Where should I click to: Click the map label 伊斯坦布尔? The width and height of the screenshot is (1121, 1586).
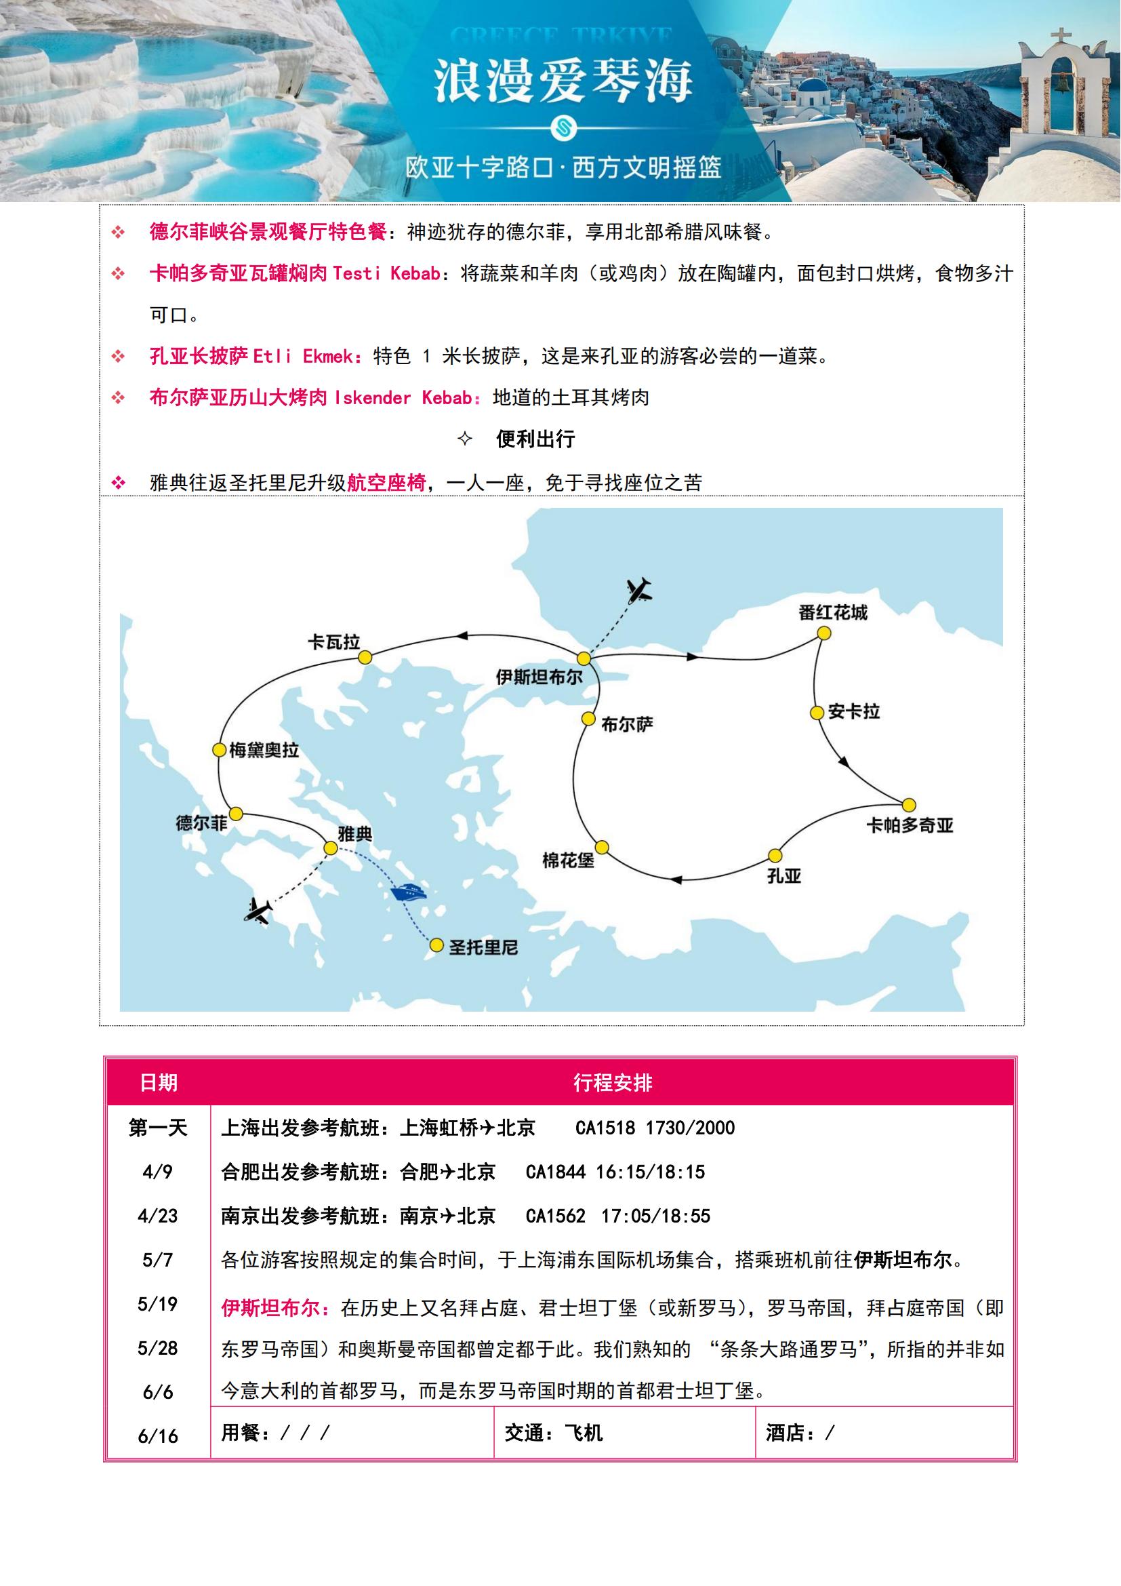pyautogui.click(x=539, y=677)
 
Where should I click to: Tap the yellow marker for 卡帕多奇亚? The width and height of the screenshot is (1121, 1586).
pyautogui.click(x=909, y=805)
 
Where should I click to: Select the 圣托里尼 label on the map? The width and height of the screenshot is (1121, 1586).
pyautogui.click(x=483, y=947)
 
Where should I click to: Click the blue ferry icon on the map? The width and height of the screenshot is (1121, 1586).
pyautogui.click(x=408, y=892)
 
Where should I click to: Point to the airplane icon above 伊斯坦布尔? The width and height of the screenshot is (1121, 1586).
pyautogui.click(x=640, y=590)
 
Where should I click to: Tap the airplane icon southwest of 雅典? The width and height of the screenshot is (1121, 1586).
pyautogui.click(x=258, y=911)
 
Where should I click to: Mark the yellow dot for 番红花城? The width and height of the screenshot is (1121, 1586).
pyautogui.click(x=823, y=633)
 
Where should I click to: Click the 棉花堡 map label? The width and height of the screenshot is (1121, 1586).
pyautogui.click(x=568, y=860)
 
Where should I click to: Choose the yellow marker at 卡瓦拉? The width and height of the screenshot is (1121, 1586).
pyautogui.click(x=365, y=657)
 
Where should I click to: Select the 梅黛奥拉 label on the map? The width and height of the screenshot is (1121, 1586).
pyautogui.click(x=264, y=750)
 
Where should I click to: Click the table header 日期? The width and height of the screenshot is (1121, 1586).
pyautogui.click(x=159, y=1082)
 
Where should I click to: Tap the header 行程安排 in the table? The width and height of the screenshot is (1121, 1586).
pyautogui.click(x=612, y=1082)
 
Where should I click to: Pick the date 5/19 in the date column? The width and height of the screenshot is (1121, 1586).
pyautogui.click(x=157, y=1303)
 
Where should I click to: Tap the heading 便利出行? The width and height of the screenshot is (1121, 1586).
pyautogui.click(x=535, y=439)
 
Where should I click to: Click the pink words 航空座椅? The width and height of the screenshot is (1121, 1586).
pyautogui.click(x=386, y=482)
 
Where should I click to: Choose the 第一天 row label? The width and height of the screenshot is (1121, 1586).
pyautogui.click(x=158, y=1128)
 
